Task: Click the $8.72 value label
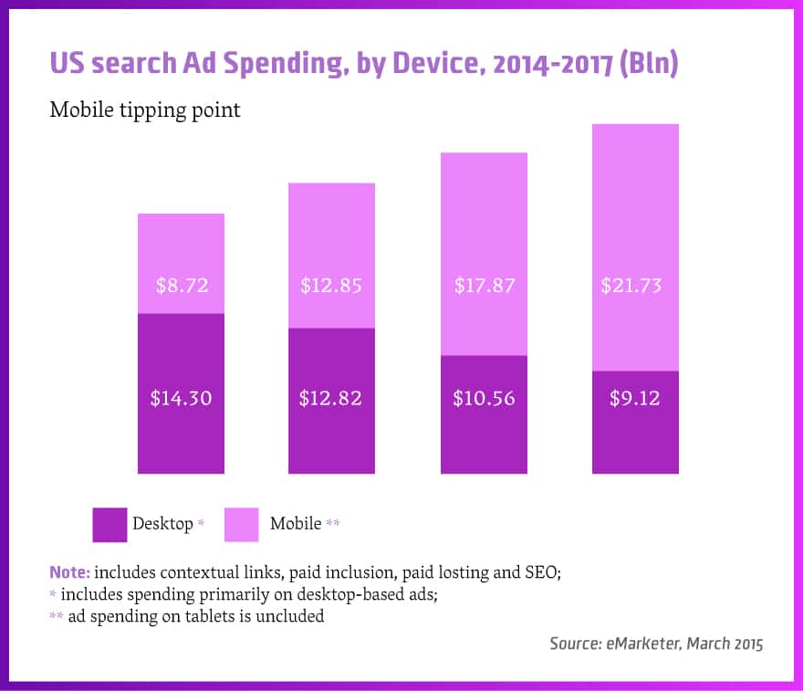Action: pos(181,285)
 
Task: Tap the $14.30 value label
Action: pos(181,398)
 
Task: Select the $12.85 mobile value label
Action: pos(331,285)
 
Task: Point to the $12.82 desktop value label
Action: pos(331,398)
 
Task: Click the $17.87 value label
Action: pos(485,285)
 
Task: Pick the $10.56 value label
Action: pos(485,398)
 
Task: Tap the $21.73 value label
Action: pos(631,285)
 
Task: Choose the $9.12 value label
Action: pos(635,398)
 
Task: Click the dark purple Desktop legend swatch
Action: pos(109,525)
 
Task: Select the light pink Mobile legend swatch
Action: pos(241,525)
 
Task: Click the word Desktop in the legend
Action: pos(162,524)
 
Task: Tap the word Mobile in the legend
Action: pos(296,524)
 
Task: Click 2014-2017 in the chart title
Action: pos(520,64)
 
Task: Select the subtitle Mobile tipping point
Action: pos(145,110)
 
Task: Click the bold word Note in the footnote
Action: pos(68,573)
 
